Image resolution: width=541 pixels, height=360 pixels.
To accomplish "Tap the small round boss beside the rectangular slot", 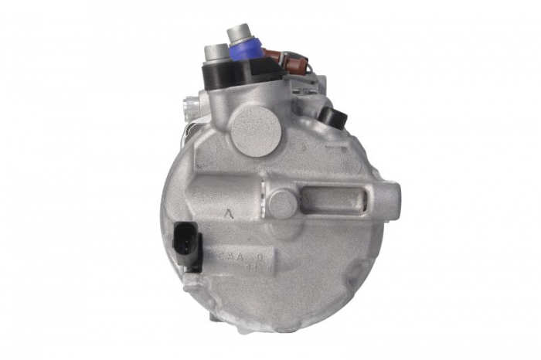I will [282, 203].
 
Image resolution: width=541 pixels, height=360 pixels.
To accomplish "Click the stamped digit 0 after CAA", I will [260, 251].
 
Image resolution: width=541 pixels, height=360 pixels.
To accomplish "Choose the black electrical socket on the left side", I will [189, 244].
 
